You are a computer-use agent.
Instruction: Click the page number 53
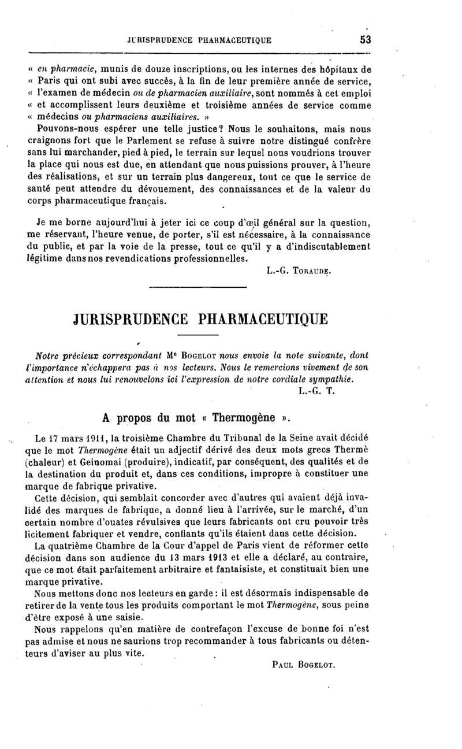point(364,40)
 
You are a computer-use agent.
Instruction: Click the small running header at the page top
point(199,40)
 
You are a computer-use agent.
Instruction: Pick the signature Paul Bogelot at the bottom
point(304,665)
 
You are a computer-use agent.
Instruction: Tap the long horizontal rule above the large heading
point(198,287)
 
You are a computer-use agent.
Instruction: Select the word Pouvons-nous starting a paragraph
point(64,129)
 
